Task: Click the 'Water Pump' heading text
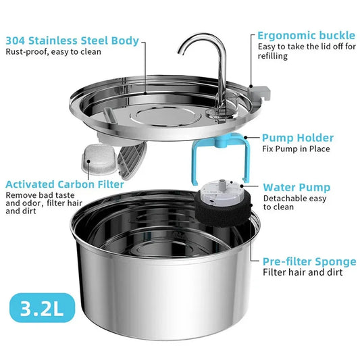(297, 187)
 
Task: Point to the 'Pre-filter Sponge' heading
(309, 261)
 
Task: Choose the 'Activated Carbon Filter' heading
(64, 184)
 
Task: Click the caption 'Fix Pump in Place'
(296, 149)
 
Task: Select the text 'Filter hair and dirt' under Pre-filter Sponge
(302, 273)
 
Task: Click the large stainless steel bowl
(162, 284)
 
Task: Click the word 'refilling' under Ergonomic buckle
(274, 57)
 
